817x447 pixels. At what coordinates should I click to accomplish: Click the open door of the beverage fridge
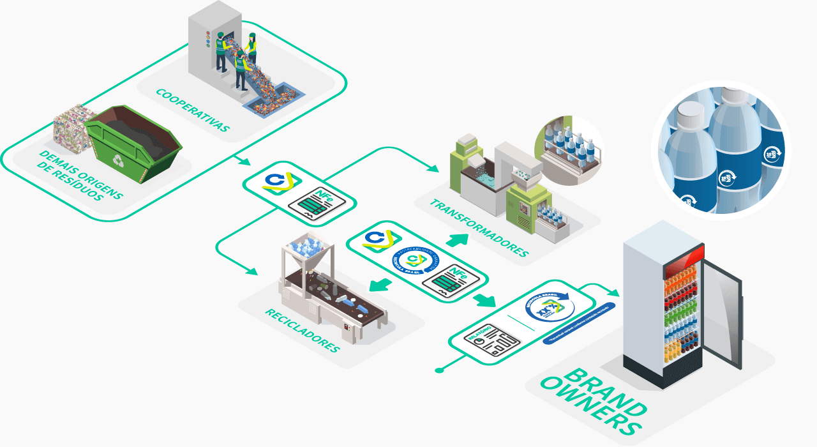click(722, 313)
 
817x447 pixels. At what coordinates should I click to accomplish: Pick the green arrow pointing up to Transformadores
click(457, 240)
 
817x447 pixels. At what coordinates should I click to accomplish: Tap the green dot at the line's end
click(438, 370)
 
